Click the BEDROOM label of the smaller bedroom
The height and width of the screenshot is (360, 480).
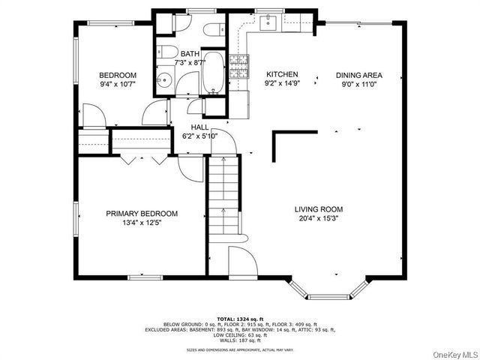pos(118,75)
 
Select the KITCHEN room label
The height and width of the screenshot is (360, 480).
pos(283,75)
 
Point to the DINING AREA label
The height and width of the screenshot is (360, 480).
pos(358,75)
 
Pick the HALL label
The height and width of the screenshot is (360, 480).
pos(199,127)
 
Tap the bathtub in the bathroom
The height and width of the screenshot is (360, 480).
pos(214,73)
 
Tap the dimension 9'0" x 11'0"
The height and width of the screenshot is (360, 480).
pos(358,85)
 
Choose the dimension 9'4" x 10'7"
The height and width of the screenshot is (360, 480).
pos(118,85)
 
